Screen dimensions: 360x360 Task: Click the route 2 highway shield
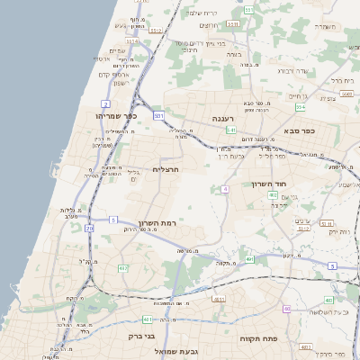[x=106, y=103]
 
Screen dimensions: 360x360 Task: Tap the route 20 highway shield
[x=88, y=229]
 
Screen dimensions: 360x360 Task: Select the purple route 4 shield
[x=222, y=188]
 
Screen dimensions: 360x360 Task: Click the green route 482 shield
[x=121, y=268]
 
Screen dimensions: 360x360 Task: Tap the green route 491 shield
[x=249, y=259]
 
